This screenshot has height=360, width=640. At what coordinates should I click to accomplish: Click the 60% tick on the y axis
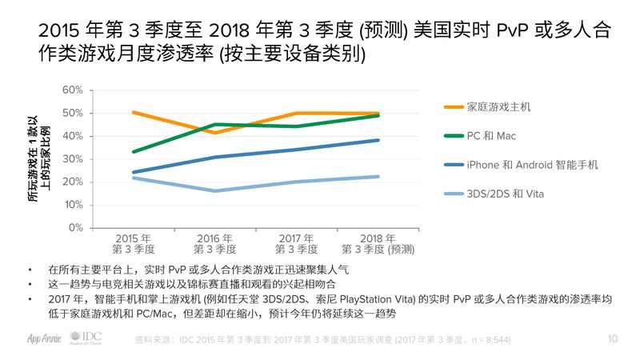72,90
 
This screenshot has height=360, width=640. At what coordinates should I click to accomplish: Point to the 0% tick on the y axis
74,228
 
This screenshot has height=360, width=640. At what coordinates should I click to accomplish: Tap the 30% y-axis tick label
72,158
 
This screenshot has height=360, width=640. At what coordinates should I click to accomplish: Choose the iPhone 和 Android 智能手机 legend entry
531,165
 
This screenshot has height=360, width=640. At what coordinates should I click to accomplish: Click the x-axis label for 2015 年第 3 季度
134,244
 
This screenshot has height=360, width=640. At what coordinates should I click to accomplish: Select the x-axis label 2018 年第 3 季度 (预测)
377,244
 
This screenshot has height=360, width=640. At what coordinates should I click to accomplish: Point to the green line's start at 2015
134,151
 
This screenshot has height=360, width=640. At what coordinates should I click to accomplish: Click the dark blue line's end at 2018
378,140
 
